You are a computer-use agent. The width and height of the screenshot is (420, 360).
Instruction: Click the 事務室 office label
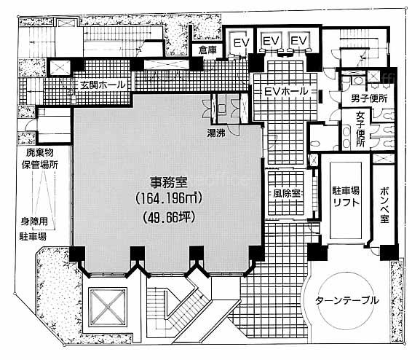coord(168,182)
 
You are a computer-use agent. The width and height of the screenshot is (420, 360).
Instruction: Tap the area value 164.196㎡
coord(168,198)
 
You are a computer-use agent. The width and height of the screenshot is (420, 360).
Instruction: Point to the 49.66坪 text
coord(168,217)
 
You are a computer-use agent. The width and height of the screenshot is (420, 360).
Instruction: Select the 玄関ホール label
coord(103,85)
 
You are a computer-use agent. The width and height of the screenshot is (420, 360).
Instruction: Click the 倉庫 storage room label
coord(207,50)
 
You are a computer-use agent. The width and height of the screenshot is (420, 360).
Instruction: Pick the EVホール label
coord(286,92)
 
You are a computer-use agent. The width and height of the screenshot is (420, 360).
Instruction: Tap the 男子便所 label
coord(369,98)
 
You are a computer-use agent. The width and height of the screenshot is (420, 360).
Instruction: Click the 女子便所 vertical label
coord(360,129)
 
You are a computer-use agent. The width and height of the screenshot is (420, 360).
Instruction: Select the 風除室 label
coord(286,193)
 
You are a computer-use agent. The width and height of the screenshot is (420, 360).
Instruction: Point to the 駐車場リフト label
coord(346,197)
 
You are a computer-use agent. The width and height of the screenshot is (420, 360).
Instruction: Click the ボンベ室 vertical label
coord(384,205)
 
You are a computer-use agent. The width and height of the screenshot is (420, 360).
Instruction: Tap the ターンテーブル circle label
coord(347,300)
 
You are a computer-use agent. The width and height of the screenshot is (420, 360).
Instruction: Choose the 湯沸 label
coord(216,133)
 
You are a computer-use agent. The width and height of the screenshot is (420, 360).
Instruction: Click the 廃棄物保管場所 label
coord(40,159)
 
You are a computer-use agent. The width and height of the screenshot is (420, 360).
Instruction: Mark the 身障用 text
coord(34,222)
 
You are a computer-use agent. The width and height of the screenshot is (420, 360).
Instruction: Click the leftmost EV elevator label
coord(242,42)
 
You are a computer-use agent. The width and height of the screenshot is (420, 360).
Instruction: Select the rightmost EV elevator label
coord(298,41)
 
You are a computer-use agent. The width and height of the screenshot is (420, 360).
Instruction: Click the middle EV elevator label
coord(272,41)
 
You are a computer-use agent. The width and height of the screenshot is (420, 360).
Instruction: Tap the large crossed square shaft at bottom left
coord(108,307)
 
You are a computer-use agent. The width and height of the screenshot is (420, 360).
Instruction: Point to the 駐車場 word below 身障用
coord(33,237)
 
